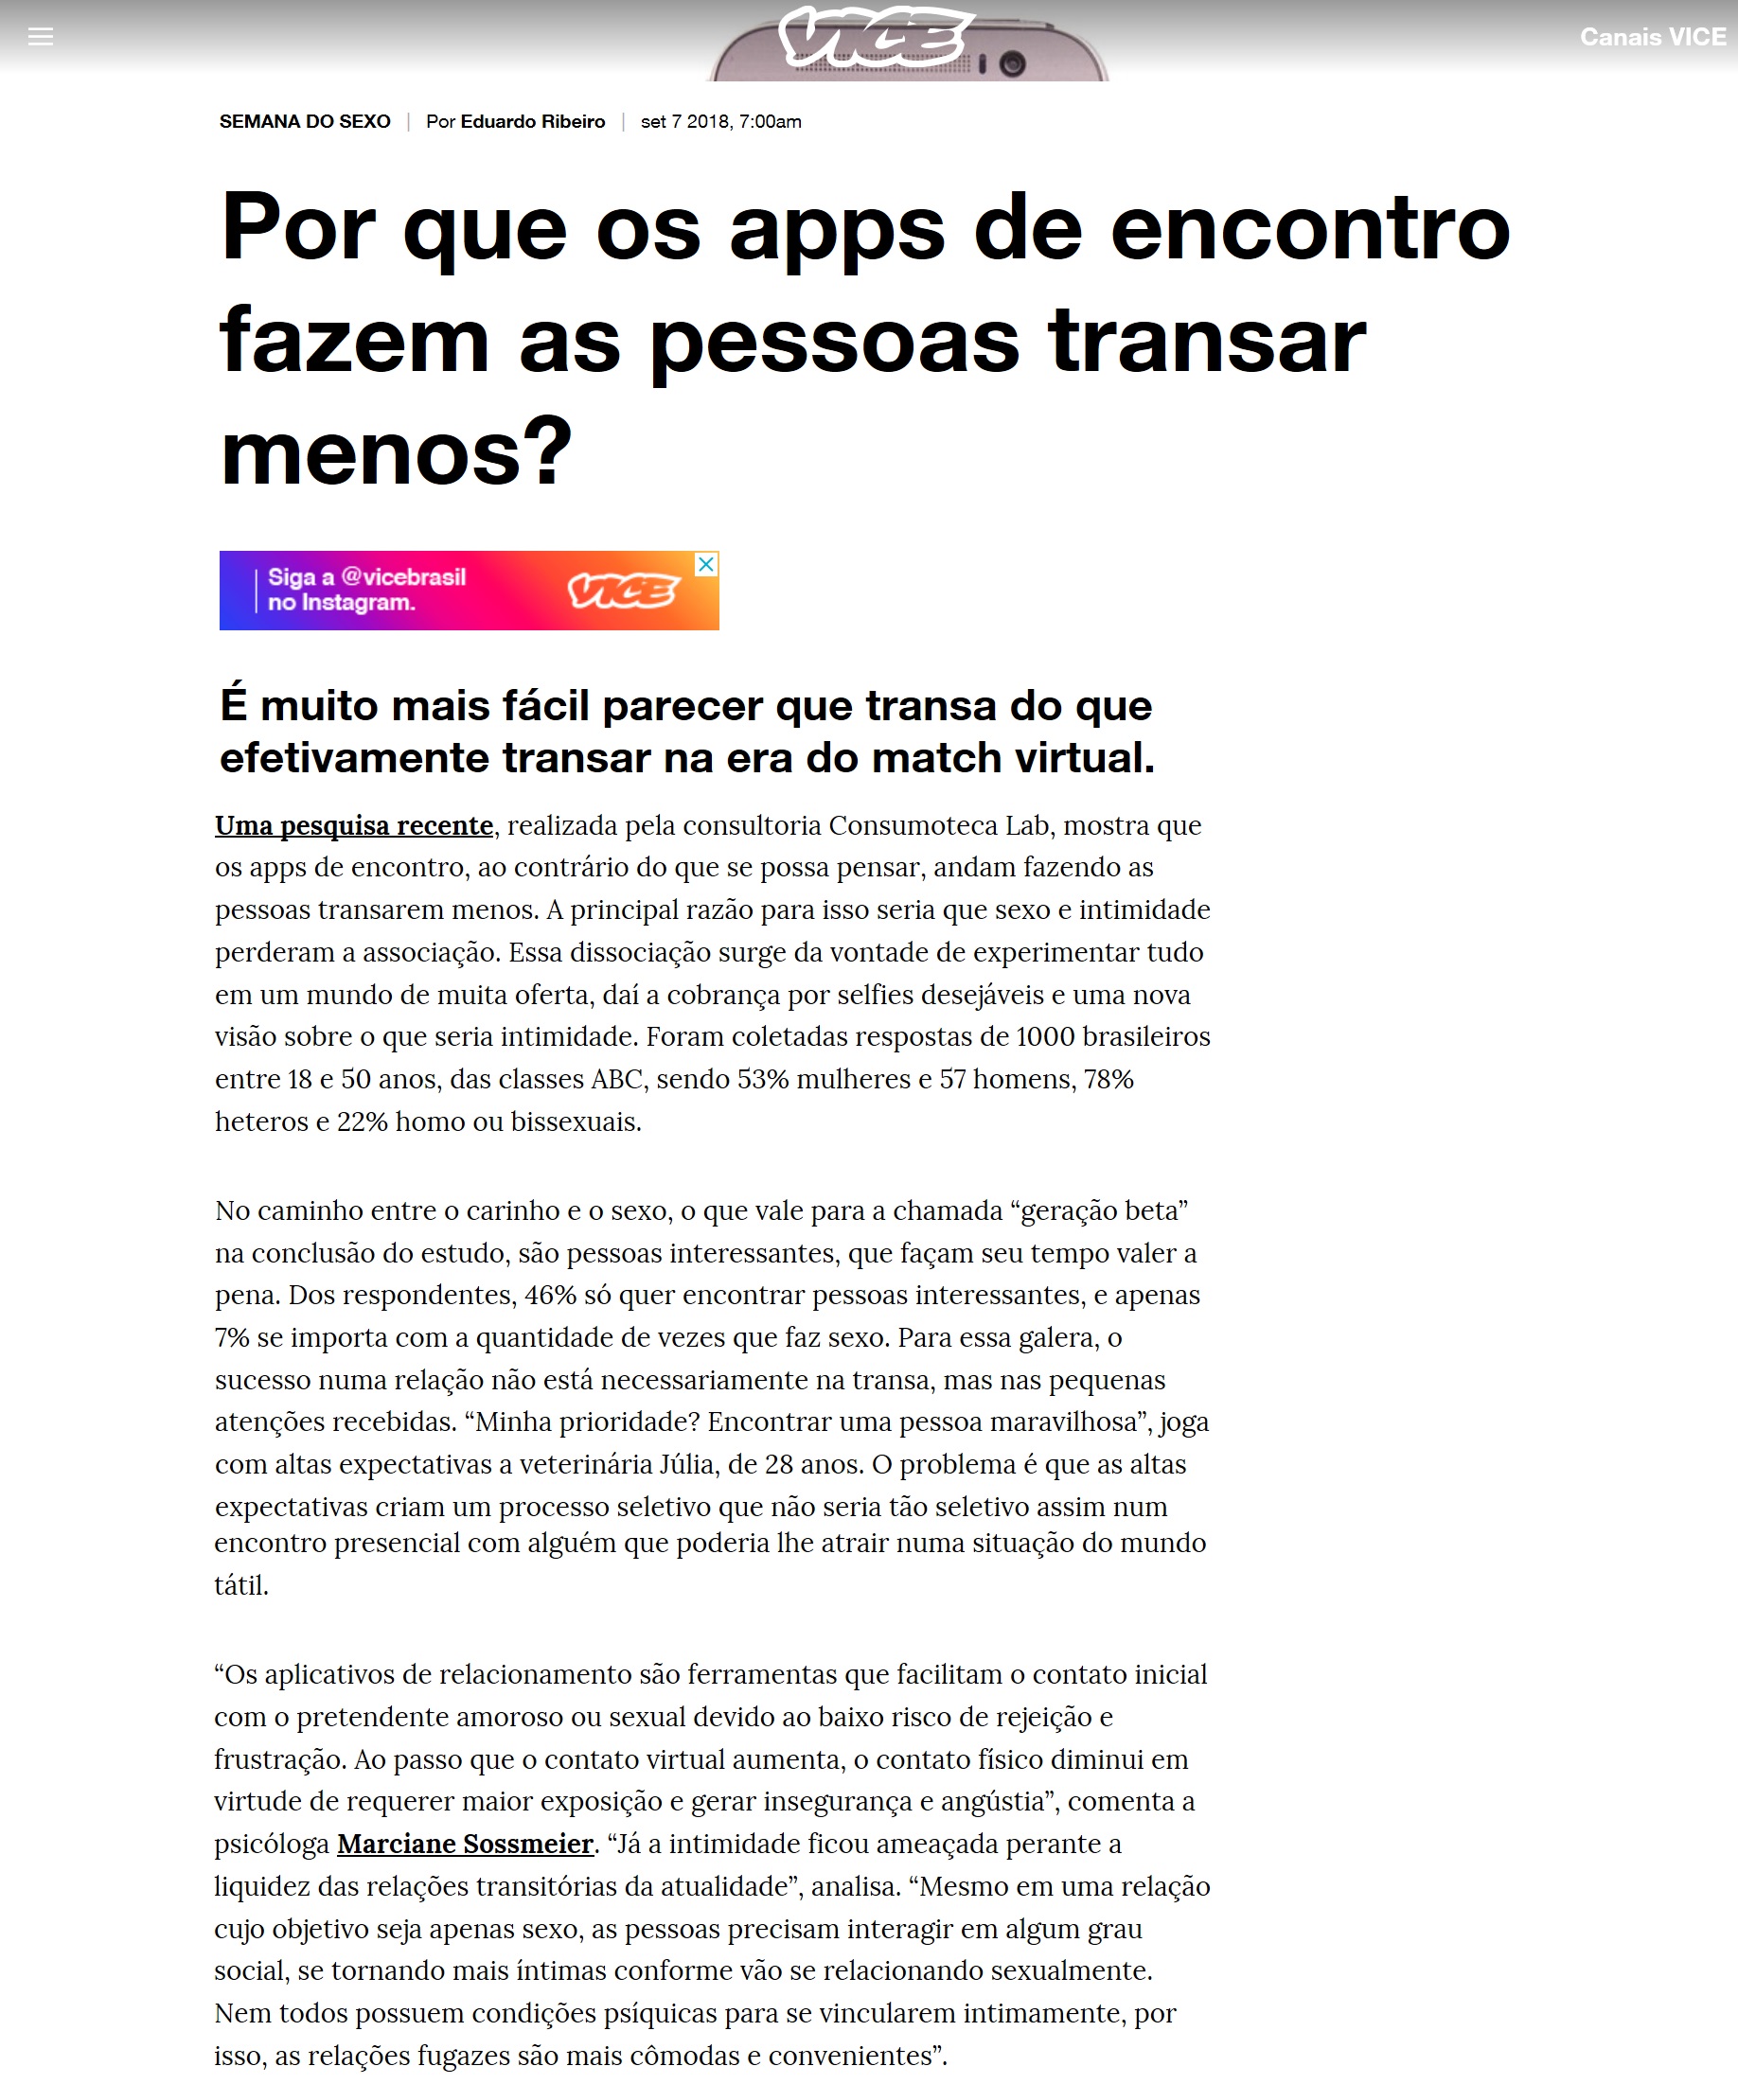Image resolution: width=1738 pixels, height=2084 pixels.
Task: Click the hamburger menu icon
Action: click(x=41, y=37)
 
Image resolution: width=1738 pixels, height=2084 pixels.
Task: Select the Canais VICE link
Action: click(x=1652, y=38)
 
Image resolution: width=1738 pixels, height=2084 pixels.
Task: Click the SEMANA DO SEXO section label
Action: click(x=305, y=122)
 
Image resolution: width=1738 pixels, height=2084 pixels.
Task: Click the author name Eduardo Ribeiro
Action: click(x=532, y=122)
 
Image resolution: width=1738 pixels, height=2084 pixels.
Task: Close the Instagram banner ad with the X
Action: click(x=707, y=564)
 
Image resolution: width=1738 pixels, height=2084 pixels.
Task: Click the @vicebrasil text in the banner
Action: click(x=403, y=577)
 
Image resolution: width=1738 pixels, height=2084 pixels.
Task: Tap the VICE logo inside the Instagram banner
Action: click(x=622, y=592)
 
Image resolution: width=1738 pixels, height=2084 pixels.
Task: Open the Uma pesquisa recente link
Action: click(x=354, y=825)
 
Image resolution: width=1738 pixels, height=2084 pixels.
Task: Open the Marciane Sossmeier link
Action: click(x=466, y=1844)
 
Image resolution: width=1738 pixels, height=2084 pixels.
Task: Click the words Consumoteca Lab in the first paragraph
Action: click(x=939, y=825)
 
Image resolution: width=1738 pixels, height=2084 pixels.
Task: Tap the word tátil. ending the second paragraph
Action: click(x=241, y=1586)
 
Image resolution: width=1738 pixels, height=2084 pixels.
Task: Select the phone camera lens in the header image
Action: click(x=1011, y=64)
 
